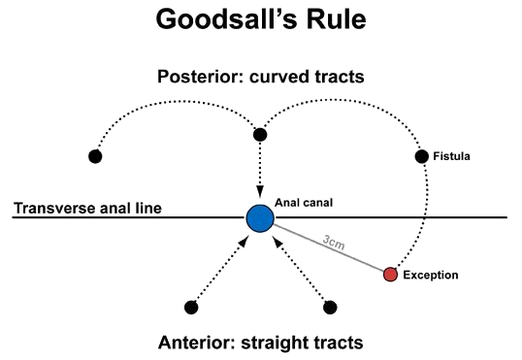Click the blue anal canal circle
click(x=259, y=217)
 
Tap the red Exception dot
click(x=390, y=275)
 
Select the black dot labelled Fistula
click(x=421, y=156)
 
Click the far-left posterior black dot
click(x=95, y=156)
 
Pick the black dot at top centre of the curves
click(x=259, y=134)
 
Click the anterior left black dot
click(x=190, y=308)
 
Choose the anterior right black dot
click(x=330, y=308)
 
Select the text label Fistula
click(x=452, y=156)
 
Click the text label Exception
click(x=431, y=276)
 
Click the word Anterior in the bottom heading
click(x=194, y=342)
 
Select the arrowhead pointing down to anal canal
click(x=259, y=195)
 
